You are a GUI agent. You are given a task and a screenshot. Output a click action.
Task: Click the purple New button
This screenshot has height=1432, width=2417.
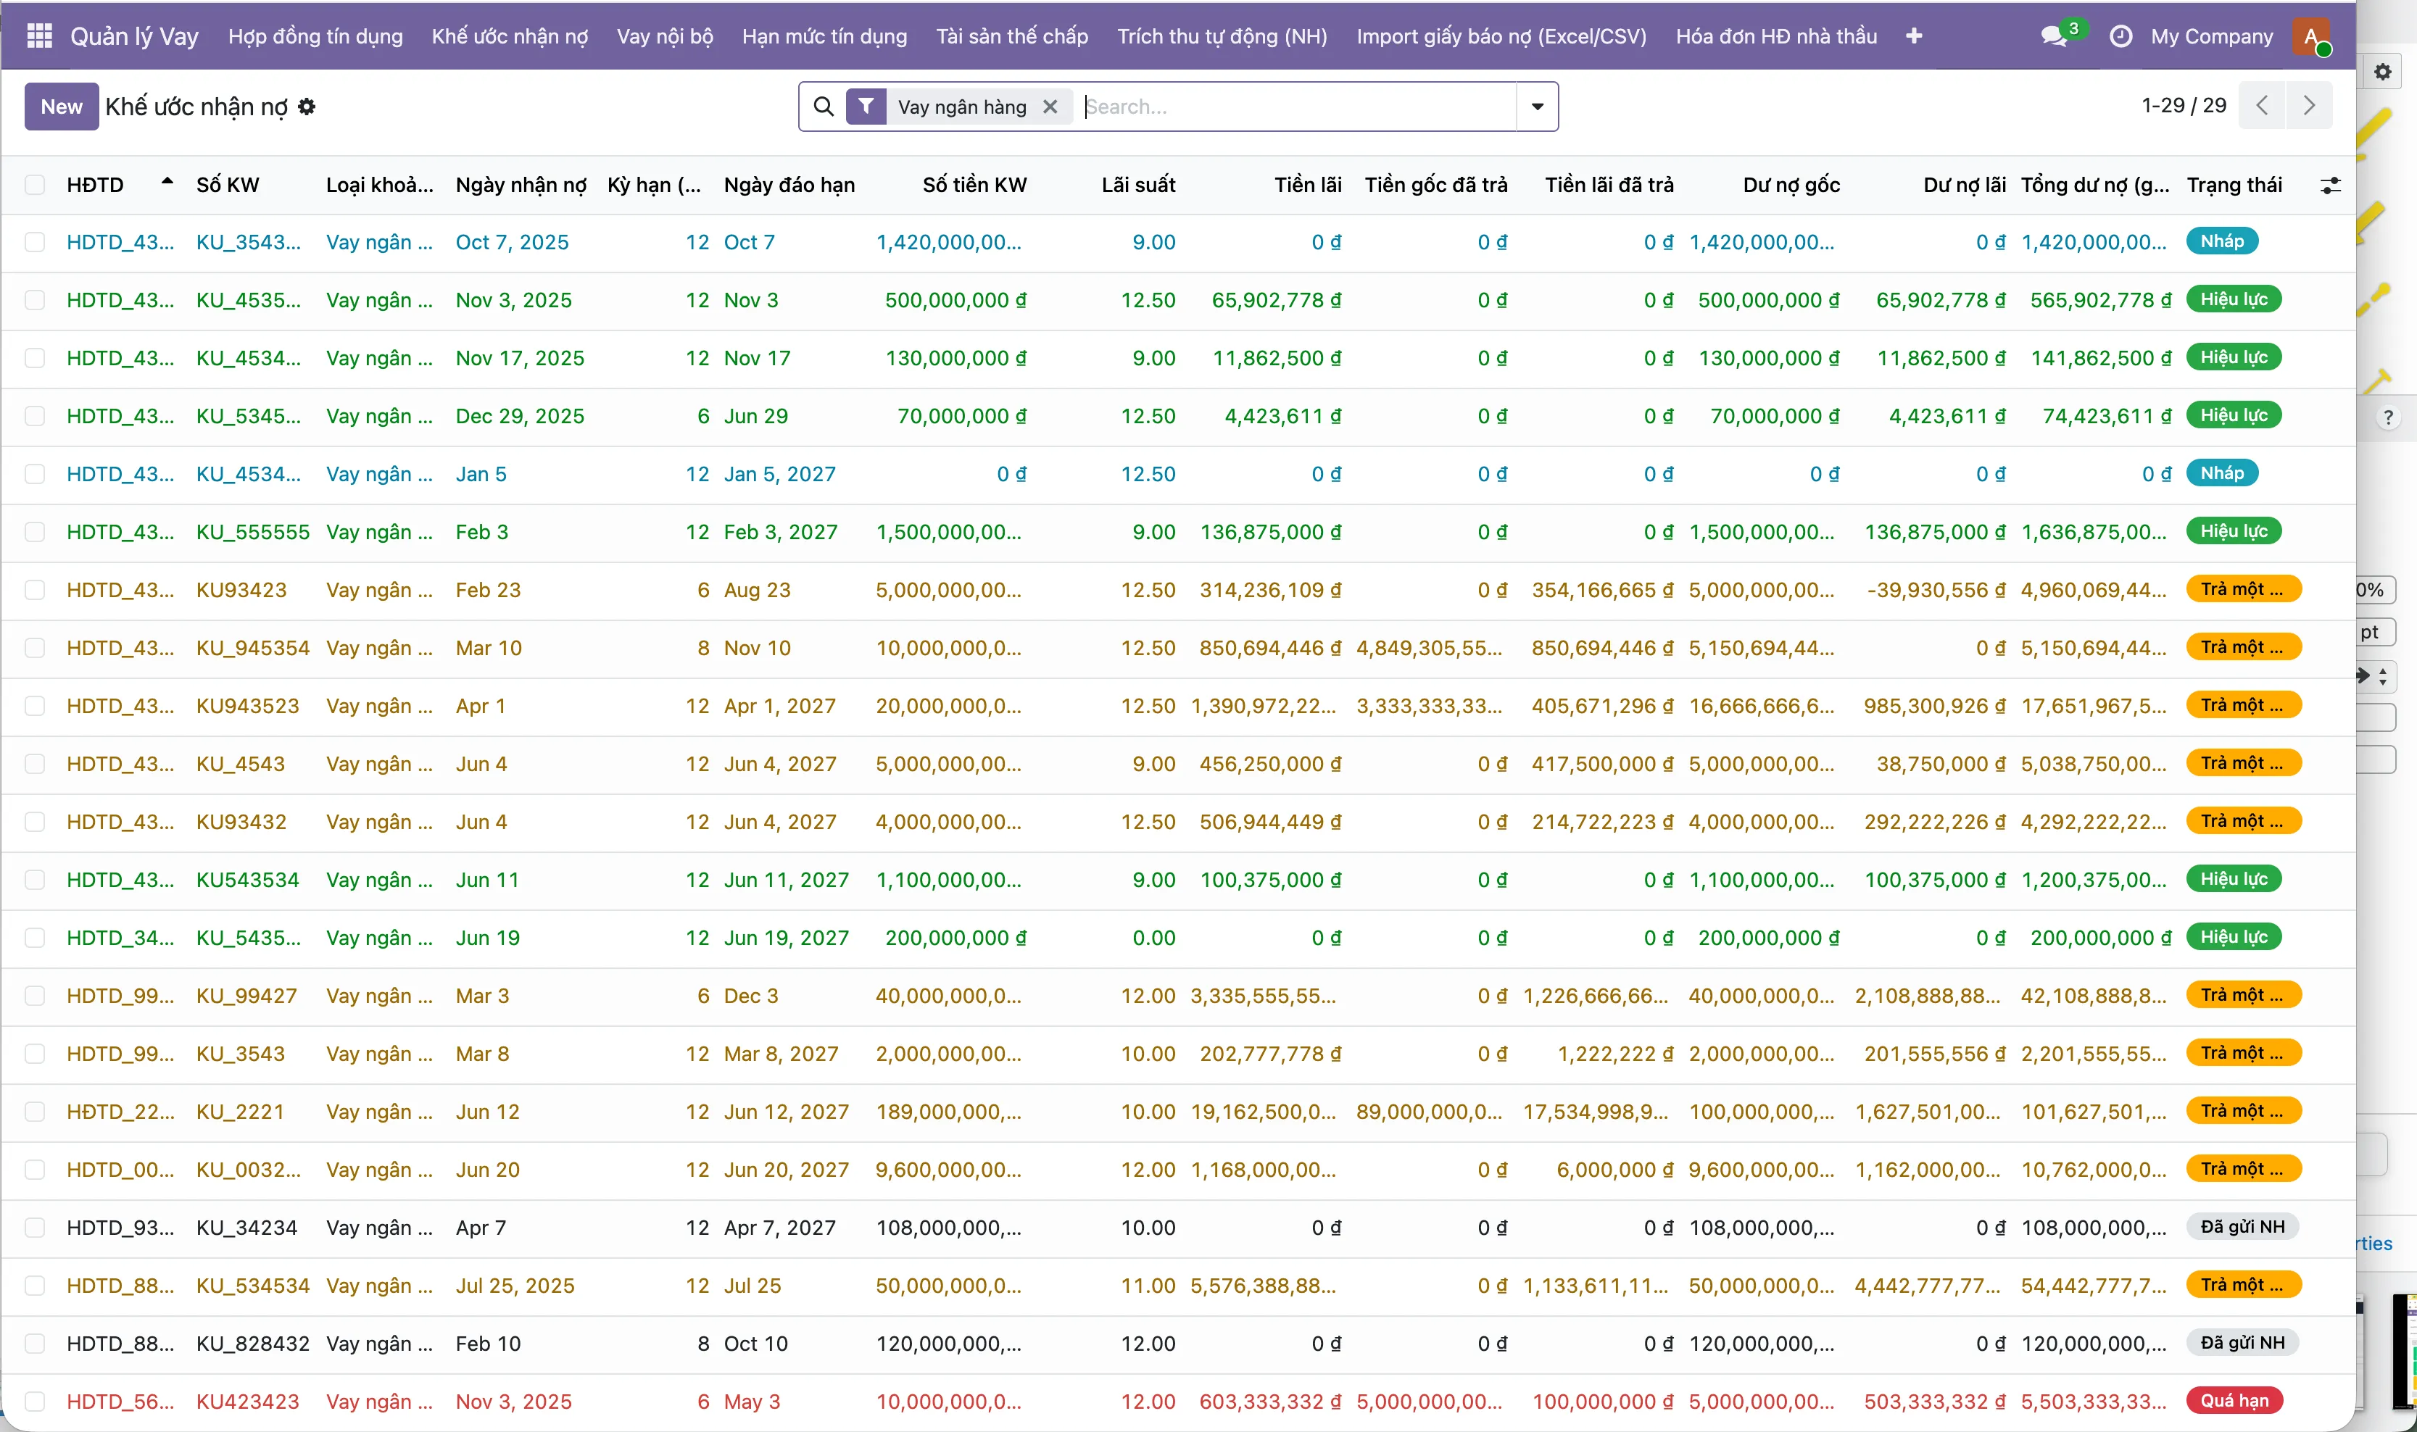point(61,106)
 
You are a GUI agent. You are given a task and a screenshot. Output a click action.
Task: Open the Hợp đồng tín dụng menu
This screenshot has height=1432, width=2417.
point(315,37)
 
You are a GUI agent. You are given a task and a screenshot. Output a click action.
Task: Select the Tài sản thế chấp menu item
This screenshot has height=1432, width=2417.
point(1011,37)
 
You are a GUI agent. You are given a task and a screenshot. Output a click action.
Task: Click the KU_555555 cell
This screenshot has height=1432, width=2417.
point(253,532)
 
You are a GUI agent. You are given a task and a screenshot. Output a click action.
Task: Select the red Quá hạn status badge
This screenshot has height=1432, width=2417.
point(2234,1400)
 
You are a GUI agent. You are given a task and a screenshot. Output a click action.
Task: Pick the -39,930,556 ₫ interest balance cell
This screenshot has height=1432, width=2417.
point(1936,590)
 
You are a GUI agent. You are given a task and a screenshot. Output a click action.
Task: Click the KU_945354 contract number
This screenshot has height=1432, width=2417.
point(253,647)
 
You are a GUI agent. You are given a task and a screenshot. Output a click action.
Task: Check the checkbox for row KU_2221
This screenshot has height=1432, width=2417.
point(35,1112)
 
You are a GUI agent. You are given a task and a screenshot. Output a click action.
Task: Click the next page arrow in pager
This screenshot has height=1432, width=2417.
point(2309,105)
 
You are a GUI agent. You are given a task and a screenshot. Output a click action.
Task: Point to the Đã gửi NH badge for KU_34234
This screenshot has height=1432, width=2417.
point(2242,1226)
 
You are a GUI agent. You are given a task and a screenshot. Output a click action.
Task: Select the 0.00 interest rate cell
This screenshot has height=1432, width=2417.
point(1153,937)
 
